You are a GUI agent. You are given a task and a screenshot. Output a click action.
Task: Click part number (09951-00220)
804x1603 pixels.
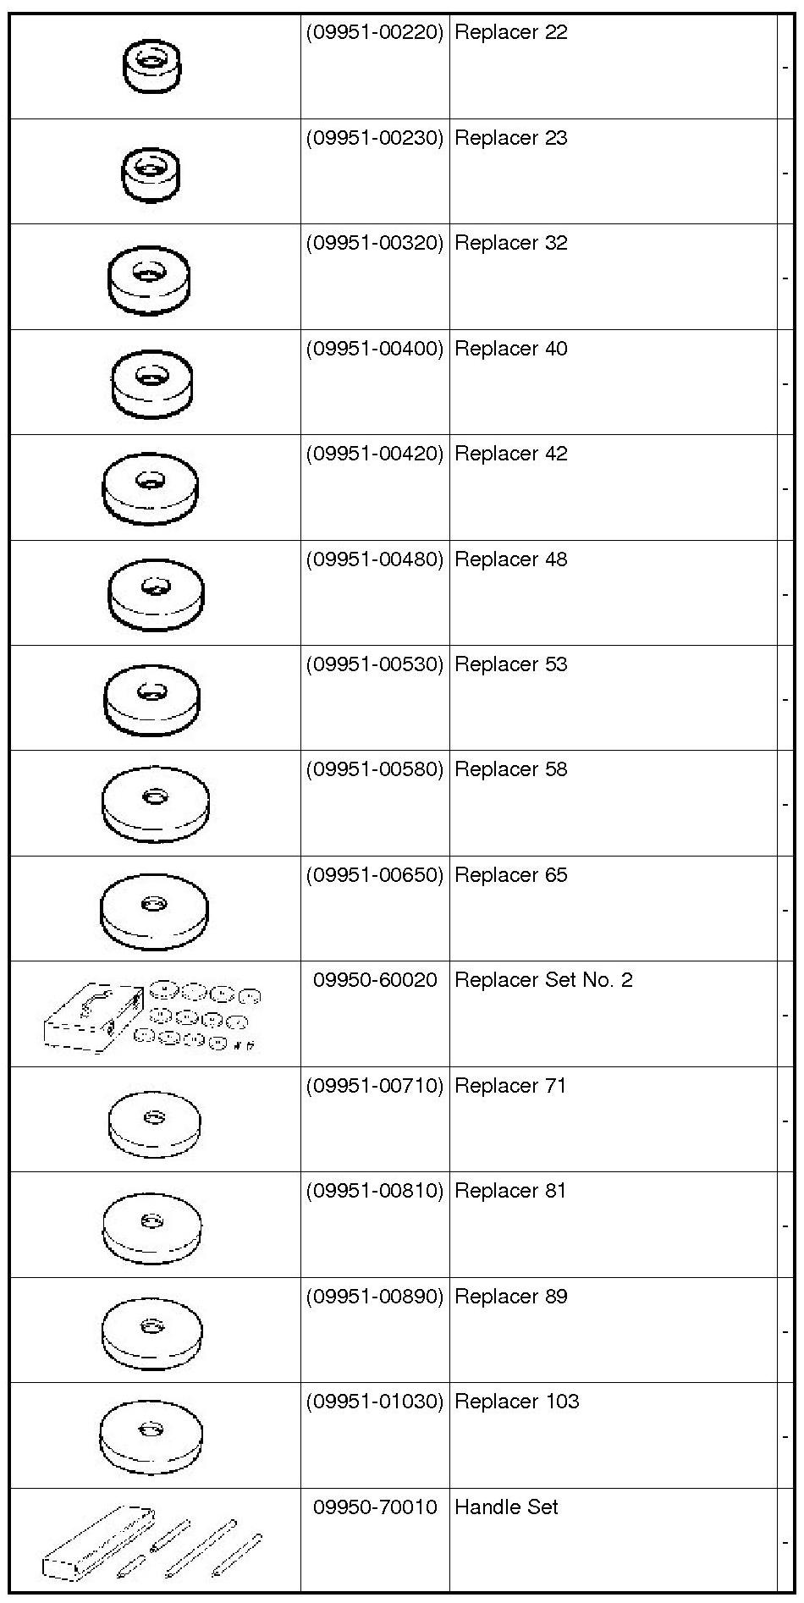(x=374, y=33)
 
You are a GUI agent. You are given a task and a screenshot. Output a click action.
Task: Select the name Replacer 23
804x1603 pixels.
(x=510, y=138)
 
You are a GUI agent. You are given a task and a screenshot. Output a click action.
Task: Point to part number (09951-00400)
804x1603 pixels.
(x=374, y=349)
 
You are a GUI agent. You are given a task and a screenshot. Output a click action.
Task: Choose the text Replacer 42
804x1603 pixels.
(x=510, y=454)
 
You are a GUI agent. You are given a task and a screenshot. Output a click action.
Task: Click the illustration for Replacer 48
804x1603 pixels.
(x=157, y=592)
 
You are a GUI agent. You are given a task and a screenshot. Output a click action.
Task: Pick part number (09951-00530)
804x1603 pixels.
(x=374, y=664)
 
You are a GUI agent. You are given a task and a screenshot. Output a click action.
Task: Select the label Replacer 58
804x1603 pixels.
(x=510, y=769)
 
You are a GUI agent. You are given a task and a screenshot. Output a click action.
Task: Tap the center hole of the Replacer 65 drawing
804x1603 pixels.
(x=153, y=905)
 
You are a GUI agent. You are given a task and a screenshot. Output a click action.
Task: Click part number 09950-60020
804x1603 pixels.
(x=375, y=980)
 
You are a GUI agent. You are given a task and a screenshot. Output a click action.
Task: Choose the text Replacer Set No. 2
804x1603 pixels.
(x=543, y=980)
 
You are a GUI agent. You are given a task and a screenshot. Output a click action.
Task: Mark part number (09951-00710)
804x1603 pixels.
(x=374, y=1086)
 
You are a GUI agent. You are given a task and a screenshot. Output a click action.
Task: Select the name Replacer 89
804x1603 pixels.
(x=510, y=1297)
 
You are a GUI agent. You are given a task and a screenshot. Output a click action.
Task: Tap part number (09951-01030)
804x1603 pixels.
(x=374, y=1402)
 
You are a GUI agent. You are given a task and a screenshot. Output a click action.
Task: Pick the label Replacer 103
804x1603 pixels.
(x=516, y=1402)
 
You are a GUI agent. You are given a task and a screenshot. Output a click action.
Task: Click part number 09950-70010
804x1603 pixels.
(x=375, y=1507)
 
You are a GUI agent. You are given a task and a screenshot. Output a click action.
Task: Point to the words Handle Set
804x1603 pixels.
(x=506, y=1507)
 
